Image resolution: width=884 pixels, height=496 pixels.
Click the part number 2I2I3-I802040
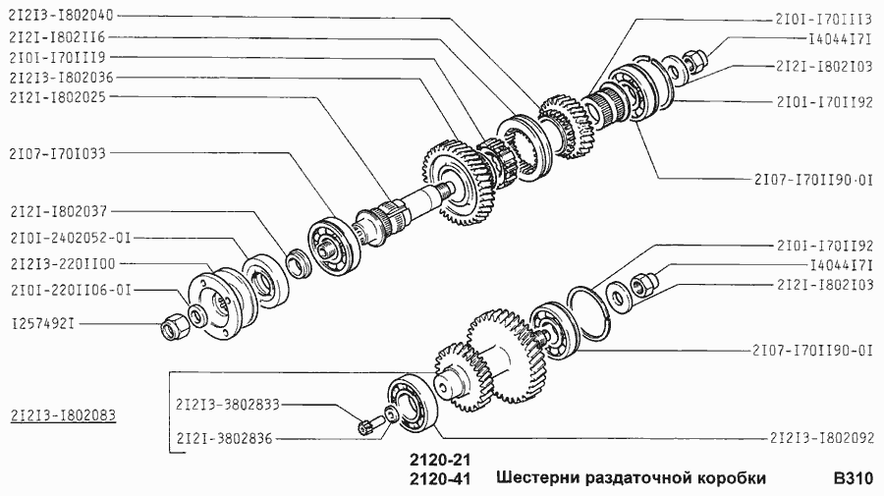[60, 17]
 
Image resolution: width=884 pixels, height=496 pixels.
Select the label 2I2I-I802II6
[57, 37]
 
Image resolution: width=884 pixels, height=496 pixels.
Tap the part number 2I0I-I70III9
[57, 57]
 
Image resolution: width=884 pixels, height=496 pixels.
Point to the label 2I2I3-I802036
[60, 77]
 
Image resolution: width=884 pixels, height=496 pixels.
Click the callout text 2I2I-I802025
[57, 96]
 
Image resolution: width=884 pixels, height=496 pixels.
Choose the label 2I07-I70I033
[57, 153]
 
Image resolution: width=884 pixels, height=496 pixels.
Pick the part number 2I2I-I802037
[57, 210]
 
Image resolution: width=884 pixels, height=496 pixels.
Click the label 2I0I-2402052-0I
[70, 237]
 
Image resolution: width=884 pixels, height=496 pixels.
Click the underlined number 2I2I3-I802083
[60, 415]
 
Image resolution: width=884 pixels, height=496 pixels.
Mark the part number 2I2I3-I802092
[819, 438]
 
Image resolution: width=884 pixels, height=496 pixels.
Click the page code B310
[852, 479]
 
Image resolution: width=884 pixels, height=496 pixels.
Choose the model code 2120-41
[434, 480]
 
